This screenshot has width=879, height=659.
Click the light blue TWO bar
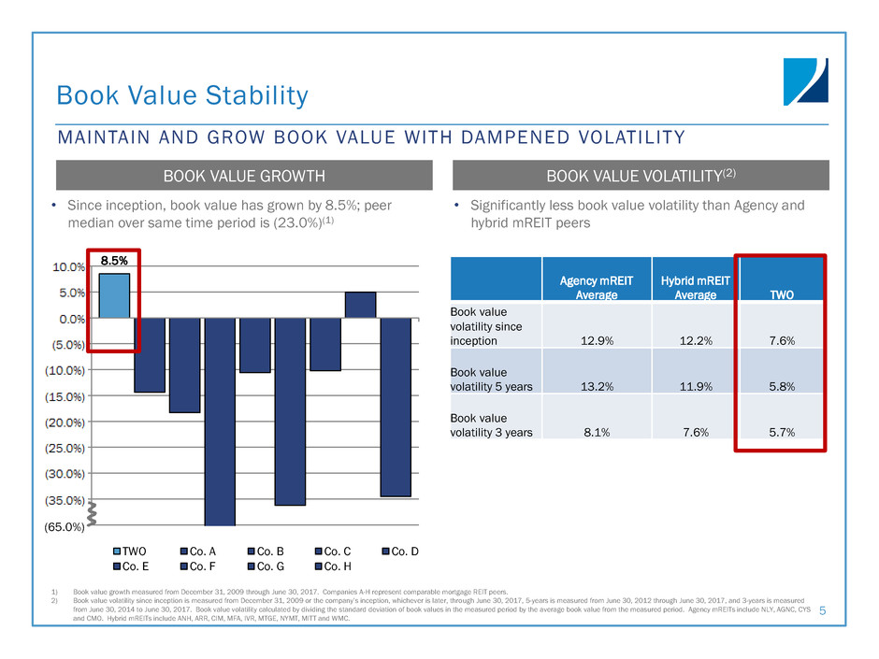click(x=114, y=295)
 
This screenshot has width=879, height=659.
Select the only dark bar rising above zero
click(x=360, y=305)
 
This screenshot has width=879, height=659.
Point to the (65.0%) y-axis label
click(x=65, y=527)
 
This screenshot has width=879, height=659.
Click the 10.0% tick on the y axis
click(x=67, y=266)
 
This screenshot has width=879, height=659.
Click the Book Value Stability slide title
click(x=181, y=95)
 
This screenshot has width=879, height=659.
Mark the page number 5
click(x=822, y=611)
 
